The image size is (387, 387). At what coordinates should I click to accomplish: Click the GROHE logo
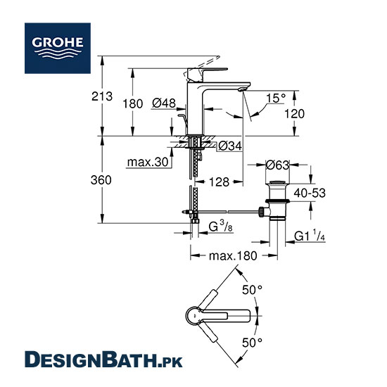coord(58,48)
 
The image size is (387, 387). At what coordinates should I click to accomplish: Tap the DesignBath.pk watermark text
coord(103,360)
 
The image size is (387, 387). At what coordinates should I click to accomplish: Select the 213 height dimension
coord(102,96)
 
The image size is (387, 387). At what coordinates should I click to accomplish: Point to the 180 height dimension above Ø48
coord(133,103)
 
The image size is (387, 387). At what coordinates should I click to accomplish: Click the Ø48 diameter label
coord(164,103)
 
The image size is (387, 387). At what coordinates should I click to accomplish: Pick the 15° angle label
coord(276,98)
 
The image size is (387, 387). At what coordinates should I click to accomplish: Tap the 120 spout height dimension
coord(294,114)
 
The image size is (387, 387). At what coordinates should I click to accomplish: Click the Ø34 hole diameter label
coord(230,146)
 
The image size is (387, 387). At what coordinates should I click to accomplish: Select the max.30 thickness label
coord(148,162)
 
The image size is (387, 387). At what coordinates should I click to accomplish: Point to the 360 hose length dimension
coord(101,180)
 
